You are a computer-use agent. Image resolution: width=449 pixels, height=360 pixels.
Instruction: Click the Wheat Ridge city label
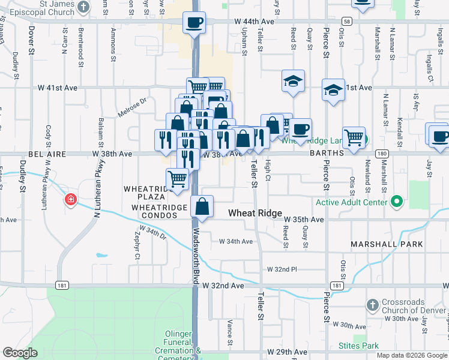[x=255, y=213]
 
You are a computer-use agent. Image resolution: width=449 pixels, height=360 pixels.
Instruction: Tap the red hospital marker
[x=71, y=199]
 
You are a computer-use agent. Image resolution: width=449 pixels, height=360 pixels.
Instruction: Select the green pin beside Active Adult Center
[x=396, y=202]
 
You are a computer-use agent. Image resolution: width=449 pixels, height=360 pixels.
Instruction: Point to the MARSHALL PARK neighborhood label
[x=388, y=245]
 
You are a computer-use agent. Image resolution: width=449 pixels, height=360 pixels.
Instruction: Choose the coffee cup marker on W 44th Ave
[x=194, y=23]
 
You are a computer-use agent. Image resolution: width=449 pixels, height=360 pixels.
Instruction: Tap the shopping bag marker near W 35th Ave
[x=202, y=206]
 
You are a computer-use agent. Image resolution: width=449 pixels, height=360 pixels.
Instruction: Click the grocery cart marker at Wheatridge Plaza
[x=177, y=179]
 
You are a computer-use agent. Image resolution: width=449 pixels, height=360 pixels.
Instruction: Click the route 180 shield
[x=382, y=154]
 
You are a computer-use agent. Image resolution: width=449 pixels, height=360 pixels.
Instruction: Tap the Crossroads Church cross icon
[x=373, y=304]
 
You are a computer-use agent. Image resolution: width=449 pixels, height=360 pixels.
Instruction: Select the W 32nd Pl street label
[x=282, y=269]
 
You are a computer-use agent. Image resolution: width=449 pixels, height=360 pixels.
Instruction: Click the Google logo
[x=20, y=352]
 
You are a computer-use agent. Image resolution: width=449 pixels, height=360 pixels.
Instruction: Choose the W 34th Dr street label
[x=152, y=232]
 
